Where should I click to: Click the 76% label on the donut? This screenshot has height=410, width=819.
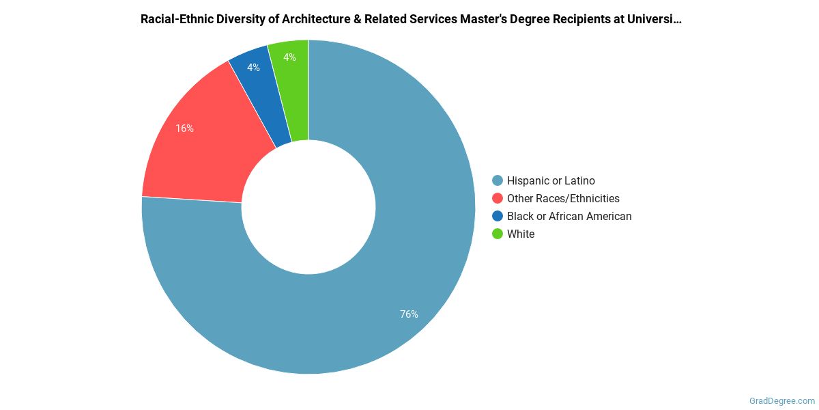click(x=409, y=314)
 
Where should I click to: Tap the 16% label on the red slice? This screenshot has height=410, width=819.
click(x=184, y=128)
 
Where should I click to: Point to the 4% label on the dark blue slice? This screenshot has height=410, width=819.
click(x=253, y=68)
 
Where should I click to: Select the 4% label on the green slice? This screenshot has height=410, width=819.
click(x=289, y=57)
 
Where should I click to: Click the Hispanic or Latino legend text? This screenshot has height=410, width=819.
click(x=551, y=180)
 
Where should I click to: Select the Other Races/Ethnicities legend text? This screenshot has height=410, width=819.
click(x=563, y=198)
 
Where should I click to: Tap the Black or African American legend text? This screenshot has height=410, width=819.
click(x=569, y=216)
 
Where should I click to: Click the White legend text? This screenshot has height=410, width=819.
click(x=521, y=234)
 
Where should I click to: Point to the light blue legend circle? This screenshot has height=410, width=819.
click(x=498, y=180)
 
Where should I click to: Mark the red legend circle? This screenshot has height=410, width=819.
click(x=498, y=198)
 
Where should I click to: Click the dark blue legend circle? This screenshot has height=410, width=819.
click(x=498, y=216)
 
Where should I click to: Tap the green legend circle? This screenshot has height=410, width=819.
click(x=498, y=234)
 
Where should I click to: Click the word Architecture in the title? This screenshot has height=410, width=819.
click(x=328, y=19)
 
